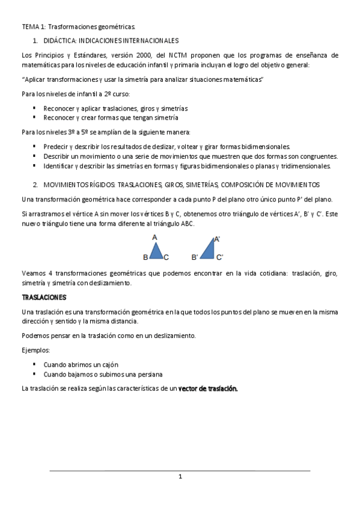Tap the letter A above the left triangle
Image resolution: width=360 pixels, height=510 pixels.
pos(154,238)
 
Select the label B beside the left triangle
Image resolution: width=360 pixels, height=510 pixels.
pos(145,257)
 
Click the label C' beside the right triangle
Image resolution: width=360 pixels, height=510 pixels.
pos(220,257)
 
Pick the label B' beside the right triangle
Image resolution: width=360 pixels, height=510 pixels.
pos(194,257)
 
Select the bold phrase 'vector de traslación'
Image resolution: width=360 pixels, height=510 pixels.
pos(208,389)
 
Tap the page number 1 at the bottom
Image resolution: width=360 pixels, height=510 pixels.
pos(180,477)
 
